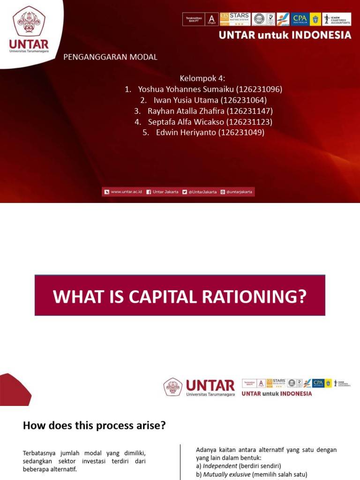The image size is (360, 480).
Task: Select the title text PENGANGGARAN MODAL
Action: pyautogui.click(x=110, y=57)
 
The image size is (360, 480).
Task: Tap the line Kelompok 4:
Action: pyautogui.click(x=199, y=78)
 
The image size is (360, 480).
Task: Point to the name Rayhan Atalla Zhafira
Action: pyautogui.click(x=186, y=111)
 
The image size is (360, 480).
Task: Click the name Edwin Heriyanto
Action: pyautogui.click(x=186, y=133)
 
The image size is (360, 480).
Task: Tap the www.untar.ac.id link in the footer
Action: pyautogui.click(x=126, y=192)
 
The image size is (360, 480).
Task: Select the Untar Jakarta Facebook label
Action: pyautogui.click(x=165, y=192)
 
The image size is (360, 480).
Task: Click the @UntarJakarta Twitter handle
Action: pyautogui.click(x=202, y=192)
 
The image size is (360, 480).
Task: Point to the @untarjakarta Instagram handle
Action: pyautogui.click(x=239, y=192)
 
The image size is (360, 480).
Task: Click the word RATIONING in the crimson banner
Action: pyautogui.click(x=253, y=296)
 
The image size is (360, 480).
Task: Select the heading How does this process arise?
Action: pyautogui.click(x=94, y=426)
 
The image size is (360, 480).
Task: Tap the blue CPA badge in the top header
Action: pyautogui.click(x=300, y=19)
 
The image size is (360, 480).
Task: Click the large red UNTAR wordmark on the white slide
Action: pyautogui.click(x=210, y=385)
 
